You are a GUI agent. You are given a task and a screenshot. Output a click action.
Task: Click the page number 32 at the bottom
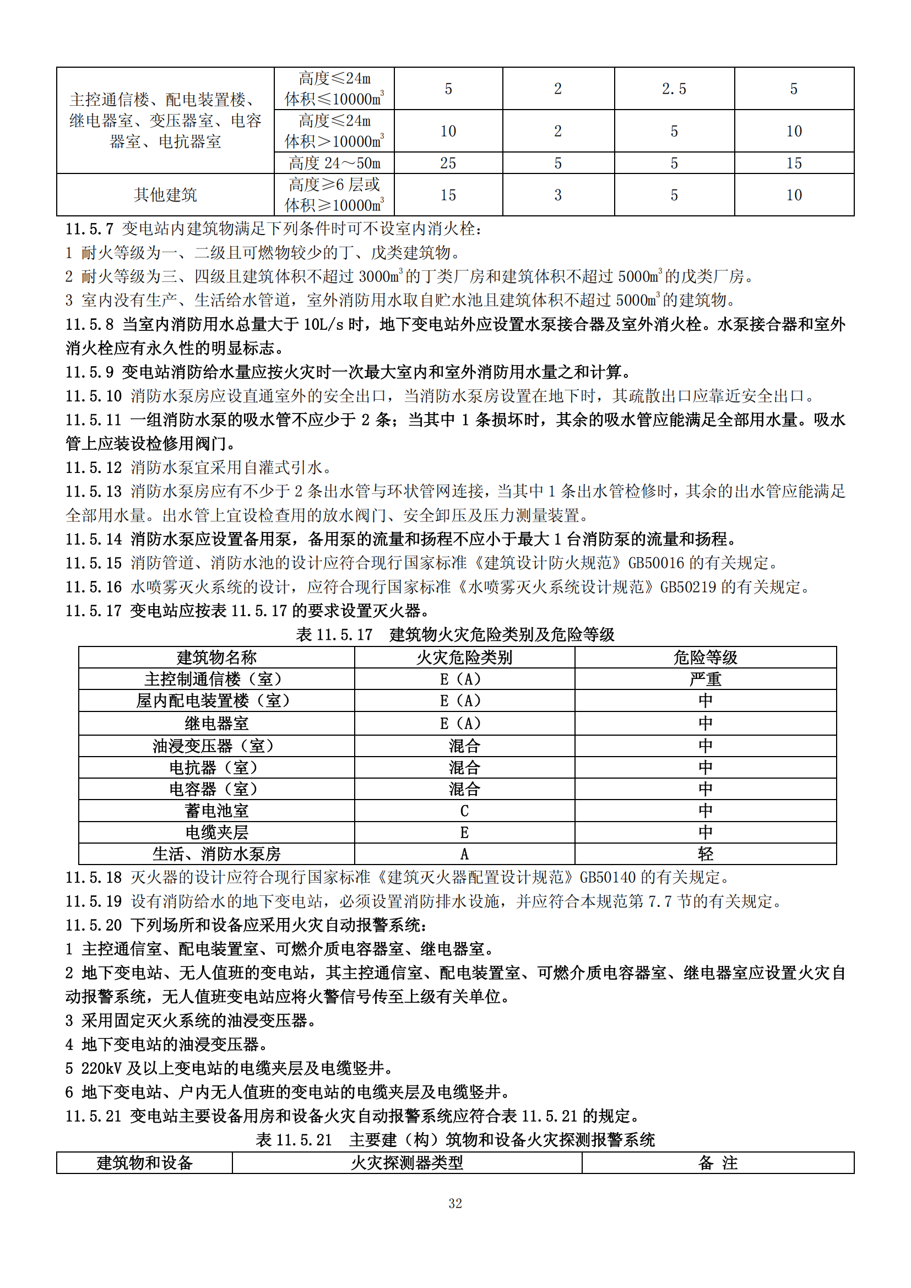(455, 1203)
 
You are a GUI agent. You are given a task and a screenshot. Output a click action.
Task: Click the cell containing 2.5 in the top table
(674, 89)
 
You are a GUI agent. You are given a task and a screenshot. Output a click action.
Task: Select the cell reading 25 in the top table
(448, 163)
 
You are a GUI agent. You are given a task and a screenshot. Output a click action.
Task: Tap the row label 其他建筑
(165, 194)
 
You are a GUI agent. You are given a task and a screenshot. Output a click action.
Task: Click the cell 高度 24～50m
(334, 163)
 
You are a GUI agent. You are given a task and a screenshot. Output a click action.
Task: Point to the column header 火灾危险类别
(464, 657)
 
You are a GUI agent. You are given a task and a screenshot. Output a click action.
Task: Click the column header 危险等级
(705, 657)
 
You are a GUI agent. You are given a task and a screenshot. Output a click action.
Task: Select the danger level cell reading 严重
(705, 680)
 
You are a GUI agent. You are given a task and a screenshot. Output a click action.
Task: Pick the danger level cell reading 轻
(705, 854)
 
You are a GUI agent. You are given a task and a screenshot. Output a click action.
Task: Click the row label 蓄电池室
(216, 811)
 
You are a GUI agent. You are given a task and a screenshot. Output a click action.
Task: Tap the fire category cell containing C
(464, 811)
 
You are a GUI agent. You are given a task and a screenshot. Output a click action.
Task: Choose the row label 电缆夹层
(216, 833)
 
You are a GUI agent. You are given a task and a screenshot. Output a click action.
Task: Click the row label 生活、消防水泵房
(216, 854)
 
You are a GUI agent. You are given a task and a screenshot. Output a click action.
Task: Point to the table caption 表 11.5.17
(334, 634)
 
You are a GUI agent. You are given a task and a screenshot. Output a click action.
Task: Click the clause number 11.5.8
(90, 324)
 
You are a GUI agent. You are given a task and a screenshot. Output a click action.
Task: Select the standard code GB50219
(689, 587)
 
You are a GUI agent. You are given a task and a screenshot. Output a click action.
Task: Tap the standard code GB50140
(608, 877)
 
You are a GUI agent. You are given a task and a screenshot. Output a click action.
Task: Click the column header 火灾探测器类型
(406, 1163)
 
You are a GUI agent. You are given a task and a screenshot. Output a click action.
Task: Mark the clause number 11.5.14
(94, 539)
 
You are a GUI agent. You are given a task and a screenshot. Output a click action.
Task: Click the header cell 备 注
(718, 1163)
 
